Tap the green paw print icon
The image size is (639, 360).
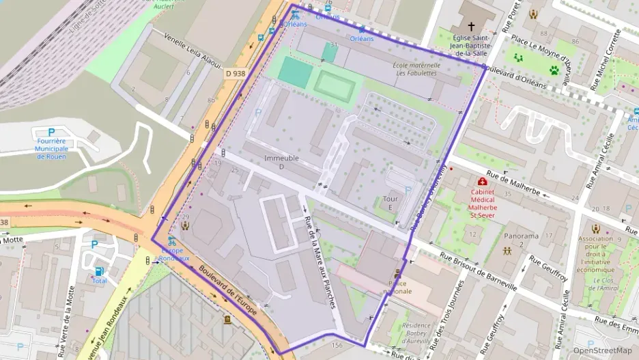pos(554,70)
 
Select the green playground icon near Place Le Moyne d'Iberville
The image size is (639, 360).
pos(518,58)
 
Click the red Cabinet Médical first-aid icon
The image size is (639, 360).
pos(483,182)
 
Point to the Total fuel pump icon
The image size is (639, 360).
pos(100,271)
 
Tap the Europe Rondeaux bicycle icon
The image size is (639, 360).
pos(172,242)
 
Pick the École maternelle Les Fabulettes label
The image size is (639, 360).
pos(416,69)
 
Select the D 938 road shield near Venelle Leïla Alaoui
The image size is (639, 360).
pos(234,73)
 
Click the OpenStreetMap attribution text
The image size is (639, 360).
pos(603,350)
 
